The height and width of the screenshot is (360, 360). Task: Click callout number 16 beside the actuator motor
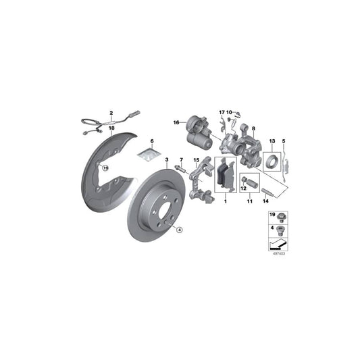(x=175, y=122)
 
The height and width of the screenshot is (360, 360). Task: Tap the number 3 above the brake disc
(x=166, y=159)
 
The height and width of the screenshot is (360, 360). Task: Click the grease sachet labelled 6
(x=153, y=155)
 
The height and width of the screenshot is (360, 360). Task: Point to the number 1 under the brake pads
(x=226, y=201)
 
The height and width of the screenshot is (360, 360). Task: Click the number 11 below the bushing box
(x=249, y=201)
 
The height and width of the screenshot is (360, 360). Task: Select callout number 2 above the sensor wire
(x=111, y=113)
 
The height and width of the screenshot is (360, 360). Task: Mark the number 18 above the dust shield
(x=112, y=128)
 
